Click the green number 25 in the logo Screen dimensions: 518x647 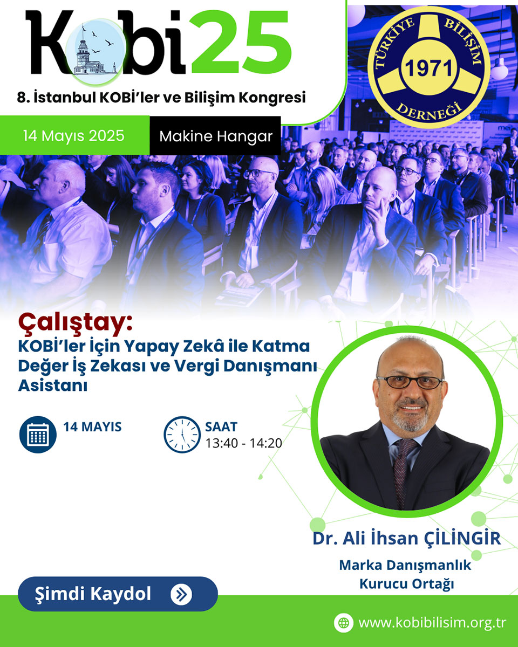(x=241, y=42)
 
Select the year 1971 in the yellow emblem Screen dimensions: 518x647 (x=429, y=68)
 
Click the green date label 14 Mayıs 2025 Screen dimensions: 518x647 (x=74, y=135)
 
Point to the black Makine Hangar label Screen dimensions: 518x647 (x=215, y=136)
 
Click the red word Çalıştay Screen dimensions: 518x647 (x=75, y=324)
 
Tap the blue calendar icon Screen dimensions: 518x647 (x=38, y=434)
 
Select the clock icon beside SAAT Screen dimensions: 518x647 (x=182, y=435)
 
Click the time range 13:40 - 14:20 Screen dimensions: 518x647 (x=243, y=443)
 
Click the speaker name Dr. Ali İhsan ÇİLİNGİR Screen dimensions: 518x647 (x=407, y=538)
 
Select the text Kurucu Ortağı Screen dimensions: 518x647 (x=407, y=583)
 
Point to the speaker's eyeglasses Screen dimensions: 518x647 (x=410, y=382)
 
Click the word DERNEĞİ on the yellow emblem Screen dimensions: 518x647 (x=430, y=112)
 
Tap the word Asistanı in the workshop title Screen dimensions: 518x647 (x=53, y=386)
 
